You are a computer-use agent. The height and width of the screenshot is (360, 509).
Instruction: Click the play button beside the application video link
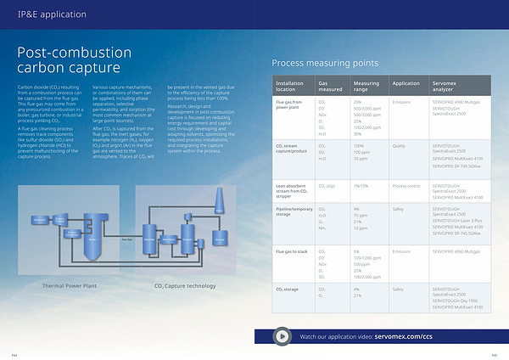(282, 336)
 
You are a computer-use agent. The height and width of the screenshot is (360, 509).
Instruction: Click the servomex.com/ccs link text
(404, 337)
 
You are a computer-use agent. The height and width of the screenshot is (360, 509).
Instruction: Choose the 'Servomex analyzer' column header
(447, 86)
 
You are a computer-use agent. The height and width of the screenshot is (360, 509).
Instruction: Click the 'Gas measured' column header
(329, 86)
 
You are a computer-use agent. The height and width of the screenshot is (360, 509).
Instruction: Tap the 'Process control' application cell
(406, 184)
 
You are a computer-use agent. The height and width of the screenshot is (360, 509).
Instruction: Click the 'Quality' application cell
(400, 147)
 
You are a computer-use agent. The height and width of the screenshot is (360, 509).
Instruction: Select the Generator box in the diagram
(39, 219)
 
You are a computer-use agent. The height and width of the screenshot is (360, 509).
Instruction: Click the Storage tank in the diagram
(220, 239)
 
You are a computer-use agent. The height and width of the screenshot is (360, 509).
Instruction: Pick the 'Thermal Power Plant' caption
(72, 285)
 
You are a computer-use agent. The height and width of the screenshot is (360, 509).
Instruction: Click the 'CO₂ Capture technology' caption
(185, 285)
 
